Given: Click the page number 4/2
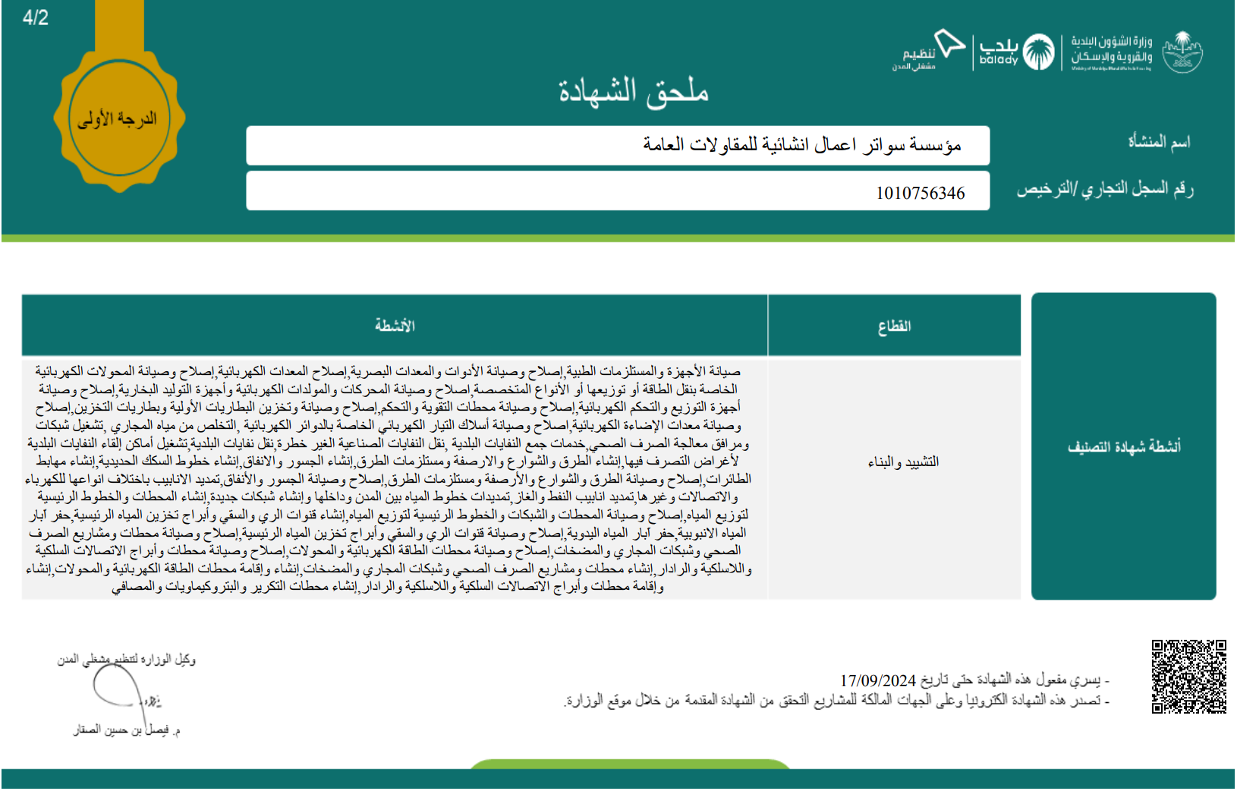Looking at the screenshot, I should tap(36, 18).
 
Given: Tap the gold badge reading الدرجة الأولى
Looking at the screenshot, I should tap(118, 119).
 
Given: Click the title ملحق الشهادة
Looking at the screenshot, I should tap(633, 92).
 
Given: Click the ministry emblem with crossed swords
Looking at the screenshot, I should tap(1183, 52).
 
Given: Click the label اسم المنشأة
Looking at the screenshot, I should tap(1159, 142).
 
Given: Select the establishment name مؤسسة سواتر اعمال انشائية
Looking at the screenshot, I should tap(801, 145).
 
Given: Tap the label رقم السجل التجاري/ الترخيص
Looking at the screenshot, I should tap(1105, 189).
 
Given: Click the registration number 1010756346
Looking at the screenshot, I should tap(920, 194).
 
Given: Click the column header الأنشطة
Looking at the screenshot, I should tap(395, 326).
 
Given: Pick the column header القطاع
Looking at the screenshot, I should tap(894, 326).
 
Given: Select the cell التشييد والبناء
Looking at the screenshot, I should tap(903, 462).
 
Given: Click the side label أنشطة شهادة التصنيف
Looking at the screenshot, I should tap(1124, 447).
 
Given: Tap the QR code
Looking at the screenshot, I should tap(1188, 677).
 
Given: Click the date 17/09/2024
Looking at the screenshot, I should tap(878, 681).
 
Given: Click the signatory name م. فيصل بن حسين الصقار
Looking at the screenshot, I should tap(127, 730).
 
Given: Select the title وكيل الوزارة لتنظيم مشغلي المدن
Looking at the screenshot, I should tap(127, 660).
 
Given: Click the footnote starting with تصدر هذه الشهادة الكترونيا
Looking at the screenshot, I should tap(835, 701).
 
